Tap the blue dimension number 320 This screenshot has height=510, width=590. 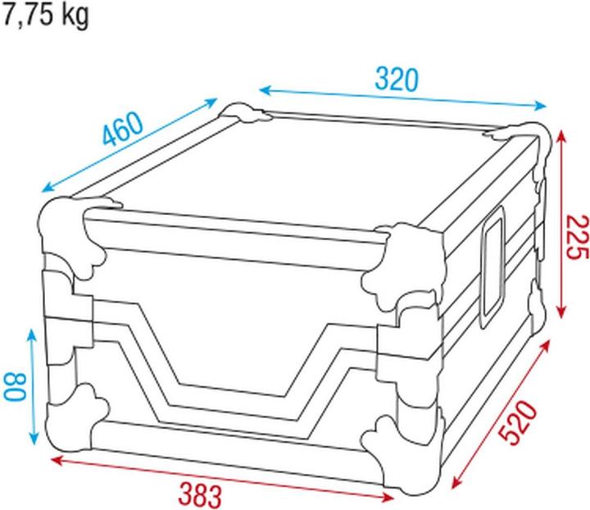(397, 80)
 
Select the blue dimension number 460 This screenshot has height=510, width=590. (124, 129)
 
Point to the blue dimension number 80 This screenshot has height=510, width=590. (15, 386)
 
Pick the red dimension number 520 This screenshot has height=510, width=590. (519, 423)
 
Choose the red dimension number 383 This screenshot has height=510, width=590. (200, 495)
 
